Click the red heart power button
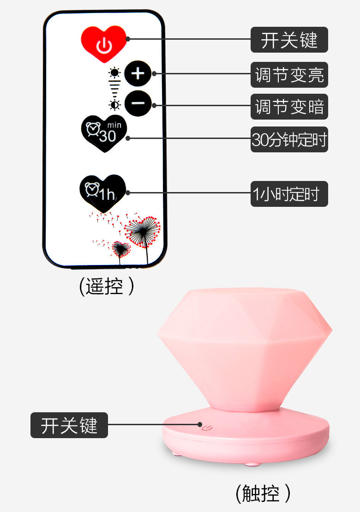point(104,44)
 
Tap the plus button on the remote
point(138,73)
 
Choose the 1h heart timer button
point(102,193)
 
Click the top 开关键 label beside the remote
point(289,40)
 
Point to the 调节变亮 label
point(289,75)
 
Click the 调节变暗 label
point(289,107)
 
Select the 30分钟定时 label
point(289,139)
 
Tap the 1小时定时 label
point(289,194)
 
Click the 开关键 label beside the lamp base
point(69,425)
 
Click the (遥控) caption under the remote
point(107,287)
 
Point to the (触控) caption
point(263,494)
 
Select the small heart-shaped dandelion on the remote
point(121,249)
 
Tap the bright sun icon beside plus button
point(114,72)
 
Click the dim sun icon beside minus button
point(114,104)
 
